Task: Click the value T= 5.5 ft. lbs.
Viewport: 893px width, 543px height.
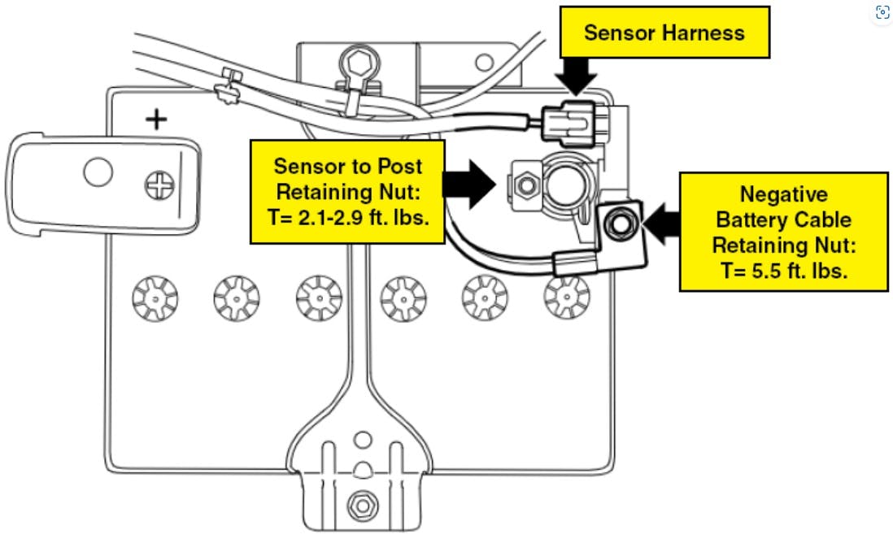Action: click(x=783, y=271)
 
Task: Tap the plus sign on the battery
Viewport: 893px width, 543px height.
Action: click(x=156, y=121)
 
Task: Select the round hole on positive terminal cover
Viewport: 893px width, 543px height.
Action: click(x=98, y=172)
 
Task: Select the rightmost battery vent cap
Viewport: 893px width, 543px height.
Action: click(x=566, y=298)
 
